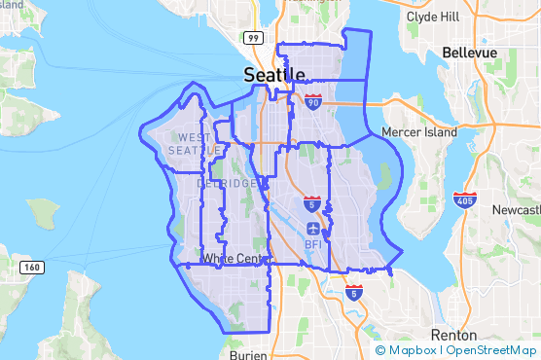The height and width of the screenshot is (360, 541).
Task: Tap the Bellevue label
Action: (469, 52)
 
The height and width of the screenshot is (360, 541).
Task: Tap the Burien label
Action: (249, 355)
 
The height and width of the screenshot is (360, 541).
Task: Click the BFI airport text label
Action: (313, 244)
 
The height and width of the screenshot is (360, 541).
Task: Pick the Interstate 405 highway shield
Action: (464, 200)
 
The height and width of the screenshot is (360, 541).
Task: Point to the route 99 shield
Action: (253, 38)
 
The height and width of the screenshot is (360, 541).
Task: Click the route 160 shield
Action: (32, 267)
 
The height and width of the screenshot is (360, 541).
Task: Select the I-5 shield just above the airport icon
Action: (310, 204)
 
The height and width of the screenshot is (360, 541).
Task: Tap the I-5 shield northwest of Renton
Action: (353, 291)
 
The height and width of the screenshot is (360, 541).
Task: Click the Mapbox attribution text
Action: (408, 350)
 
